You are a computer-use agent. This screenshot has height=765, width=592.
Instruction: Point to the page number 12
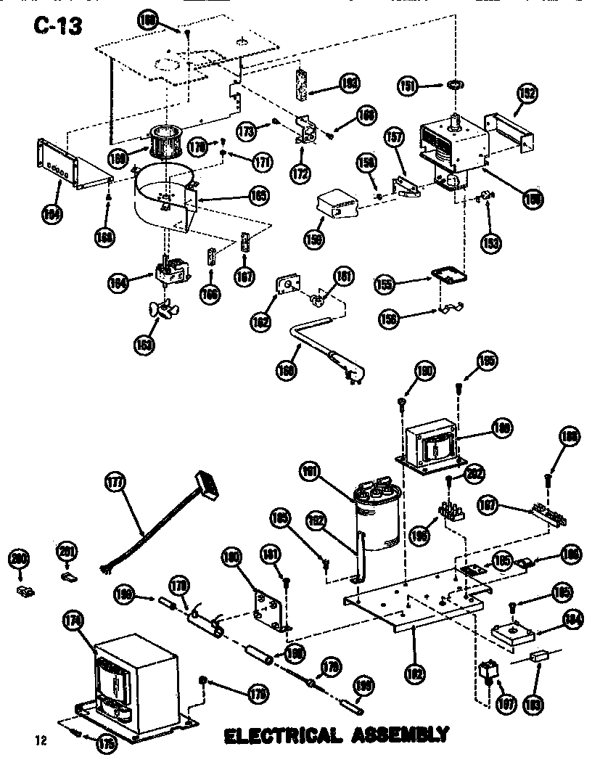pyautogui.click(x=41, y=740)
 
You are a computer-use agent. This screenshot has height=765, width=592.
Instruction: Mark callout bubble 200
pyautogui.click(x=18, y=559)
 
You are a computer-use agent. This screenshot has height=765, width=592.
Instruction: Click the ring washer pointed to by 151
pyautogui.click(x=456, y=86)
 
